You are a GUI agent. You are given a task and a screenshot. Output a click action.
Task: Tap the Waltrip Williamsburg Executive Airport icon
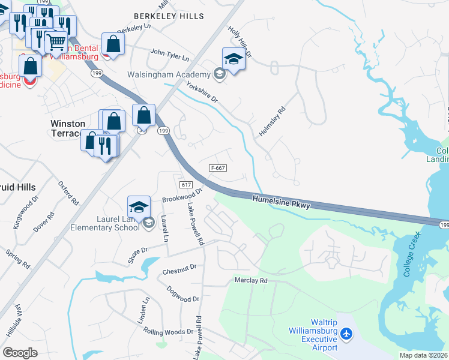click(346, 332)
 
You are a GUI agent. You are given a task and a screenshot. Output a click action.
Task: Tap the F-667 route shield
click(217, 168)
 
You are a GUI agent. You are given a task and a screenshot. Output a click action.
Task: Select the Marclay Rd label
click(250, 280)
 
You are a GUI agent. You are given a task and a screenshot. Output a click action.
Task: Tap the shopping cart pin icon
click(56, 41)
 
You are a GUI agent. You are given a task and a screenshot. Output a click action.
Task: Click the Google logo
click(20, 352)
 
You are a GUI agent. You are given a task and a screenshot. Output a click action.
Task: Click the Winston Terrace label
click(67, 128)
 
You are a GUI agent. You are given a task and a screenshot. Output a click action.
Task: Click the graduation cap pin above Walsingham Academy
click(234, 59)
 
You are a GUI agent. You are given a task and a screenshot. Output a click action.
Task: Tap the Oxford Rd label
click(68, 192)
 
